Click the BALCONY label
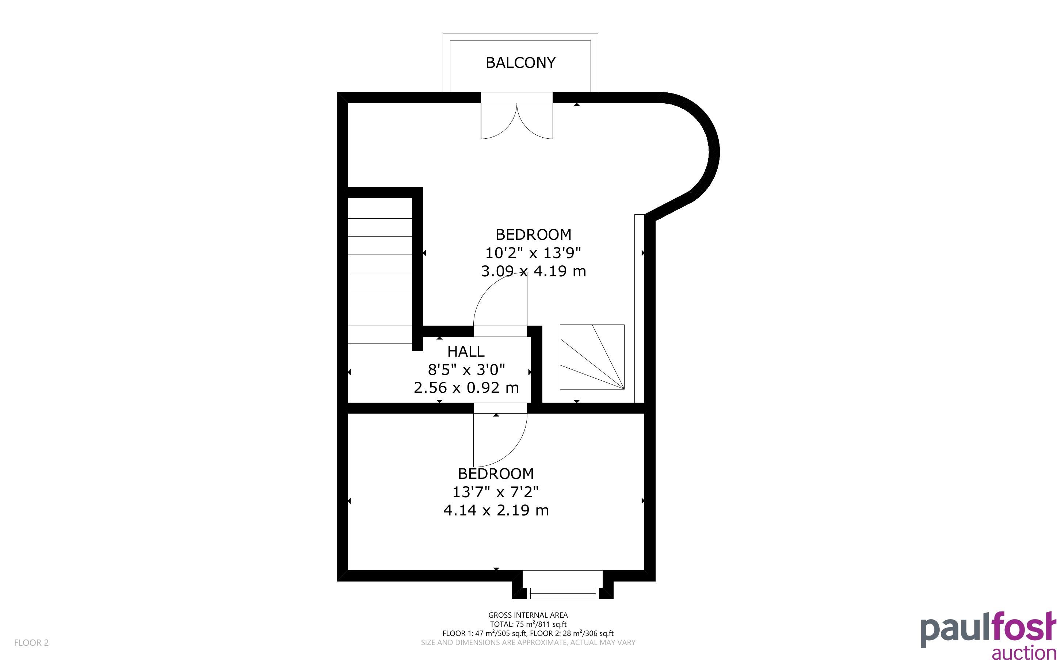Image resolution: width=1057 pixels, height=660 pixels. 520,63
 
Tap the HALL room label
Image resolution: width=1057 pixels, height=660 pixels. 466,352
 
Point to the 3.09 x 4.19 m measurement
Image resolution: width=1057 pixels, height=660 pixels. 533,271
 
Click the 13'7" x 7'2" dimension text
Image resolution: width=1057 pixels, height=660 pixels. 496,492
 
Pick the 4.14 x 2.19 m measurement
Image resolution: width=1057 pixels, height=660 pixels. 496,510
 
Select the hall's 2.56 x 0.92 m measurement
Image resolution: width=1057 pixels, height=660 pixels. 466,388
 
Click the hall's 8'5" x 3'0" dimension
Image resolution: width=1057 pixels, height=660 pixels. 466,370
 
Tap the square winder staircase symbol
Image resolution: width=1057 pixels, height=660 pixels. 592,357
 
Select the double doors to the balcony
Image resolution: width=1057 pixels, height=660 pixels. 516,120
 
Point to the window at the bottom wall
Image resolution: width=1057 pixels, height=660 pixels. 562,585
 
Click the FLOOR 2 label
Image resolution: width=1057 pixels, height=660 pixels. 31,642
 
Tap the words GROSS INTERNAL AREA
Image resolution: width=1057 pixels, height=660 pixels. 528,615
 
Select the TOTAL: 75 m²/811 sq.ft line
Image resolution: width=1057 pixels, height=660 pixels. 528,624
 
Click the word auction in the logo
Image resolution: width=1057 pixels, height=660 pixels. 1024,653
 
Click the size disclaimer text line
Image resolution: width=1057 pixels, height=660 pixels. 528,642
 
